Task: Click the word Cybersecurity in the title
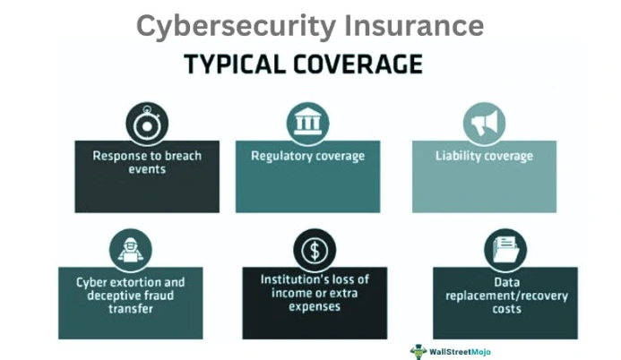point(236,26)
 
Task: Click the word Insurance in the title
point(414,25)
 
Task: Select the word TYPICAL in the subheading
point(235,64)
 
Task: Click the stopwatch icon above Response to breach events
point(147,124)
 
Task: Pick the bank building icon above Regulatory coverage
point(307,124)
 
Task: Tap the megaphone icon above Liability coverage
point(484,124)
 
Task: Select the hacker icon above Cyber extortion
point(130,251)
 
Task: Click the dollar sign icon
point(315,251)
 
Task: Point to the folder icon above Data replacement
point(505,251)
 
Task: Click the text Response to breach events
point(147,162)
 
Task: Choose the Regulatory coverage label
point(307,156)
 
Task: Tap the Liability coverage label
point(484,156)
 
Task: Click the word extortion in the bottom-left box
point(134,282)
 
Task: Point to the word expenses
point(315,306)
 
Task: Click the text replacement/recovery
point(506,296)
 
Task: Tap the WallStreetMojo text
point(460,352)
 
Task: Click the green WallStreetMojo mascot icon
point(418,351)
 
